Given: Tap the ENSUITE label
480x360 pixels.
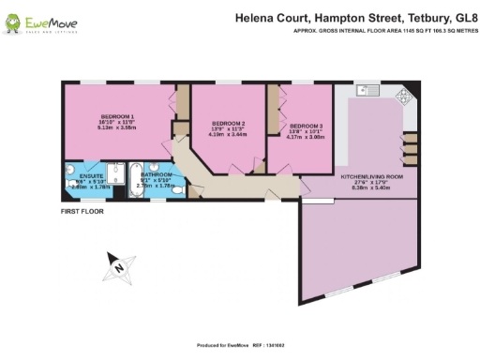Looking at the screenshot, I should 91,176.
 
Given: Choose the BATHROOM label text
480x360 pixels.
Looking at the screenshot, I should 157,174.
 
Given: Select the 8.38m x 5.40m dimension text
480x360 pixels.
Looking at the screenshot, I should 371,187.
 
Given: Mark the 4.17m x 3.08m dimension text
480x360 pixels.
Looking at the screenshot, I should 307,137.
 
